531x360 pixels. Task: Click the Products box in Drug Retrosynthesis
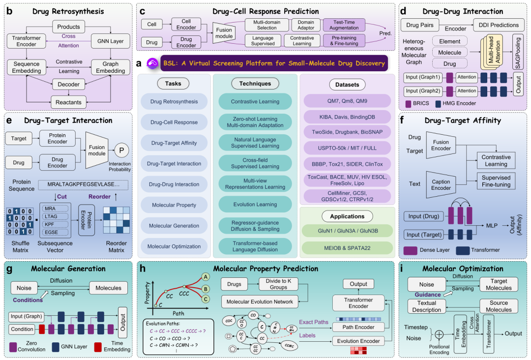[x=68, y=27]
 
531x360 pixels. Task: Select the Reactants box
[x=68, y=102]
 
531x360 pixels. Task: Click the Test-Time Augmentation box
[x=344, y=24]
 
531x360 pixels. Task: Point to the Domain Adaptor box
[x=305, y=24]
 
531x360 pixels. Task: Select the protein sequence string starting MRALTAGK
[x=83, y=185]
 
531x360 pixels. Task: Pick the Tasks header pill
[x=173, y=84]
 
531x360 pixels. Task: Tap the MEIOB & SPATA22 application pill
[x=347, y=247]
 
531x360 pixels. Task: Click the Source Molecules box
[x=499, y=306]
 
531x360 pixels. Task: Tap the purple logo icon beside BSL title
[x=152, y=63]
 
